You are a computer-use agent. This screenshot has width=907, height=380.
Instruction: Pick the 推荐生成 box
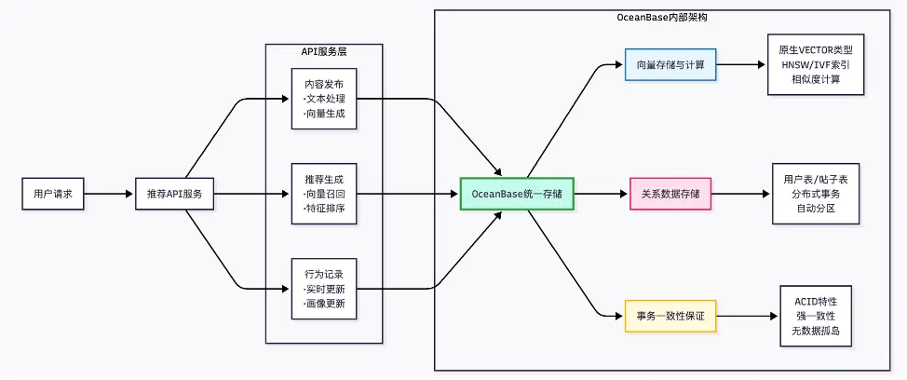[x=324, y=194]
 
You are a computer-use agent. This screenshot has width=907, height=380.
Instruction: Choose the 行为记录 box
[x=324, y=289]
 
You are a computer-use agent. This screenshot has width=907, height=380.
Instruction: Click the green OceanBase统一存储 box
[x=517, y=194]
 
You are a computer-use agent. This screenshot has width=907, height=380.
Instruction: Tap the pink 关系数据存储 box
[x=670, y=194]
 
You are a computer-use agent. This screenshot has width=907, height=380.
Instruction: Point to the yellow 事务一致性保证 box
[x=670, y=317]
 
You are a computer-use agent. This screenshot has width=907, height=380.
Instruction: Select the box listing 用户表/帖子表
[x=816, y=194]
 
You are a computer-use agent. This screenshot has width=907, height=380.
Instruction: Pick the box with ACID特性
[x=816, y=317]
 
